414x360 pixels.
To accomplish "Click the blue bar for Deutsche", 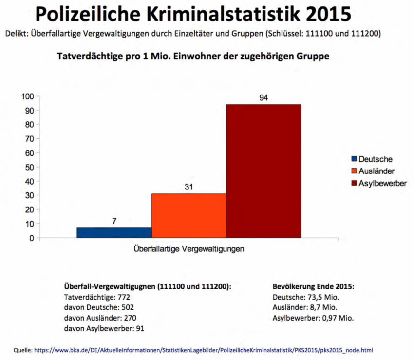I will (x=114, y=233).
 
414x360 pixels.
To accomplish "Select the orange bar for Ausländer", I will (x=188, y=216).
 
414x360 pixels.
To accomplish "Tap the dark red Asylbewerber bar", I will (x=263, y=171).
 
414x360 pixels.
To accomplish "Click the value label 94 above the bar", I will (x=263, y=98).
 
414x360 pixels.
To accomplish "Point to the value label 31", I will (x=188, y=187).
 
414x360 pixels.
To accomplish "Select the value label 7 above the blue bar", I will (x=114, y=221).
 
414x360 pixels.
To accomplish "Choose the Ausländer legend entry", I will (x=376, y=171).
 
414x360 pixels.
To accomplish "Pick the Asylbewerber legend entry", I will (x=382, y=183).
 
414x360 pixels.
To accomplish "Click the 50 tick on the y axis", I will (x=29, y=167).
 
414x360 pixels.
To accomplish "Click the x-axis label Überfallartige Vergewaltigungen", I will (x=188, y=249).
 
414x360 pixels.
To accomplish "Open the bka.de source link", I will (x=204, y=350).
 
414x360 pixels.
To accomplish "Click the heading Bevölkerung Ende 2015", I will (x=312, y=286).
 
